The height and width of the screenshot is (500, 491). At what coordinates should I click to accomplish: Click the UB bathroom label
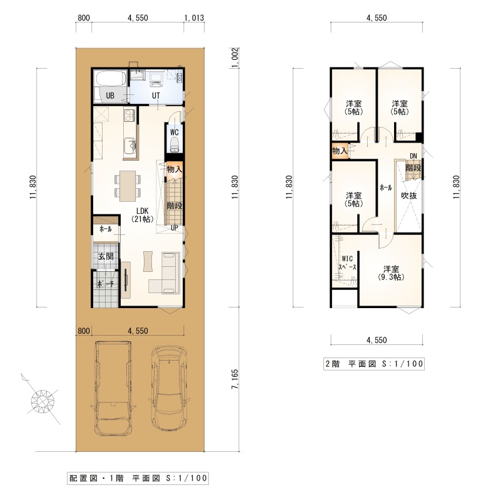[x=110, y=96]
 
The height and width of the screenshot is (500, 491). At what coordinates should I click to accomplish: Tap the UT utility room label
[x=156, y=96]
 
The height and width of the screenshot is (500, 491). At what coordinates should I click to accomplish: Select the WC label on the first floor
[x=174, y=132]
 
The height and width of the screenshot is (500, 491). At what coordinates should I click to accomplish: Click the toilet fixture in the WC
[x=174, y=145]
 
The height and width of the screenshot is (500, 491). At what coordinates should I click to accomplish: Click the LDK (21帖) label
[x=142, y=215]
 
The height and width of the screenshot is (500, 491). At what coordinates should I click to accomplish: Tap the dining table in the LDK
[x=128, y=186]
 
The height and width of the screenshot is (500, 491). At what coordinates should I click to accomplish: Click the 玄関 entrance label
[x=106, y=256]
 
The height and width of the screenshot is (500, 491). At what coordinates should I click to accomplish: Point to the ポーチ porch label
[x=105, y=284]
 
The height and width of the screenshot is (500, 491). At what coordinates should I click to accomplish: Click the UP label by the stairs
[x=174, y=228]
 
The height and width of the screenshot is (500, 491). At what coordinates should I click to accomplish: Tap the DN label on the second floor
[x=413, y=156]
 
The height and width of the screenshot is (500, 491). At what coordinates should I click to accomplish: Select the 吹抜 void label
[x=409, y=196]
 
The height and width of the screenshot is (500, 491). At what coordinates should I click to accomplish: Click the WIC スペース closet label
[x=347, y=263]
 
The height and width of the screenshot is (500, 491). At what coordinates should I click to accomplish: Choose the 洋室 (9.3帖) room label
[x=391, y=273]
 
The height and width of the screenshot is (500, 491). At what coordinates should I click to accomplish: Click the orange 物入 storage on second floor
[x=340, y=150]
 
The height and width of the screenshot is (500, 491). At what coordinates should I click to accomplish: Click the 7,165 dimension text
[x=235, y=379]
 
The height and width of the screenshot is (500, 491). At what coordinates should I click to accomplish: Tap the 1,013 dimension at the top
[x=194, y=18]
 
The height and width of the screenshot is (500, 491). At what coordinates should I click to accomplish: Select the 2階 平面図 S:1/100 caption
[x=374, y=364]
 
